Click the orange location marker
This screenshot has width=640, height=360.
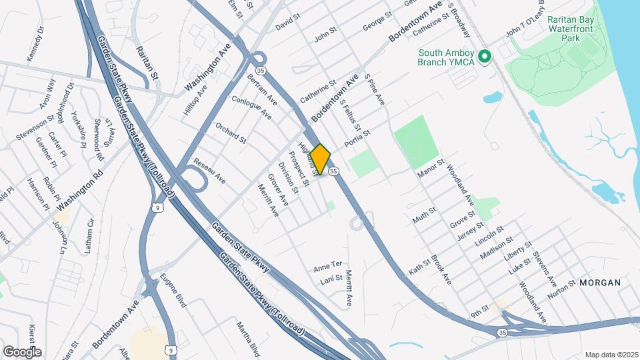pos(320,159)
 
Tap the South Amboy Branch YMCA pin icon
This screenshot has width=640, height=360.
pos(485,57)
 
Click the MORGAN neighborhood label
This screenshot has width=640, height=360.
pos(599,283)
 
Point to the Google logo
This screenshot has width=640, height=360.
pos(22,351)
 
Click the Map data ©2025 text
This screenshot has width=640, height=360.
pos(611,355)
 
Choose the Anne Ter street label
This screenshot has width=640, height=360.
pos(327,264)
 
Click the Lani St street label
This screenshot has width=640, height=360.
pos(331,278)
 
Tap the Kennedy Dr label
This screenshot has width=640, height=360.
pos(35,44)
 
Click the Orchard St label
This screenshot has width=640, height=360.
pos(231,132)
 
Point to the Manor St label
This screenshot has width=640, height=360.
pos(431,167)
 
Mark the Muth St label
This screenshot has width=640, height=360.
pos(424,215)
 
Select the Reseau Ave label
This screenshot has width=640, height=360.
pos(209,171)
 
